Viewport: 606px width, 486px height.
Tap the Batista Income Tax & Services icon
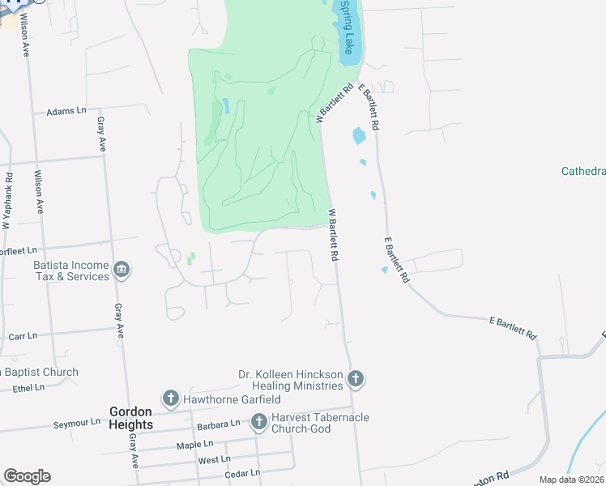[122, 270]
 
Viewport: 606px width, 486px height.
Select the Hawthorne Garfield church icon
[170, 399]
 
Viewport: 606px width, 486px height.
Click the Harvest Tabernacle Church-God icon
[258, 421]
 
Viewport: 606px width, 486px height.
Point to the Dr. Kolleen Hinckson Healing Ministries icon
[354, 378]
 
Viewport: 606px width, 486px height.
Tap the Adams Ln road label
[66, 111]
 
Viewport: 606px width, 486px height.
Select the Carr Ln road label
[23, 335]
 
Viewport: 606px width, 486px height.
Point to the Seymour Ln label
[76, 423]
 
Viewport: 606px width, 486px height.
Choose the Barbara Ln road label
[219, 424]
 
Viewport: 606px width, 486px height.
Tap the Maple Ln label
[194, 445]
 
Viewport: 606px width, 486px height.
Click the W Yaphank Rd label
[6, 200]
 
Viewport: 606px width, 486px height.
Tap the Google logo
[27, 475]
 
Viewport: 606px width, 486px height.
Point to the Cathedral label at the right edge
[583, 171]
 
